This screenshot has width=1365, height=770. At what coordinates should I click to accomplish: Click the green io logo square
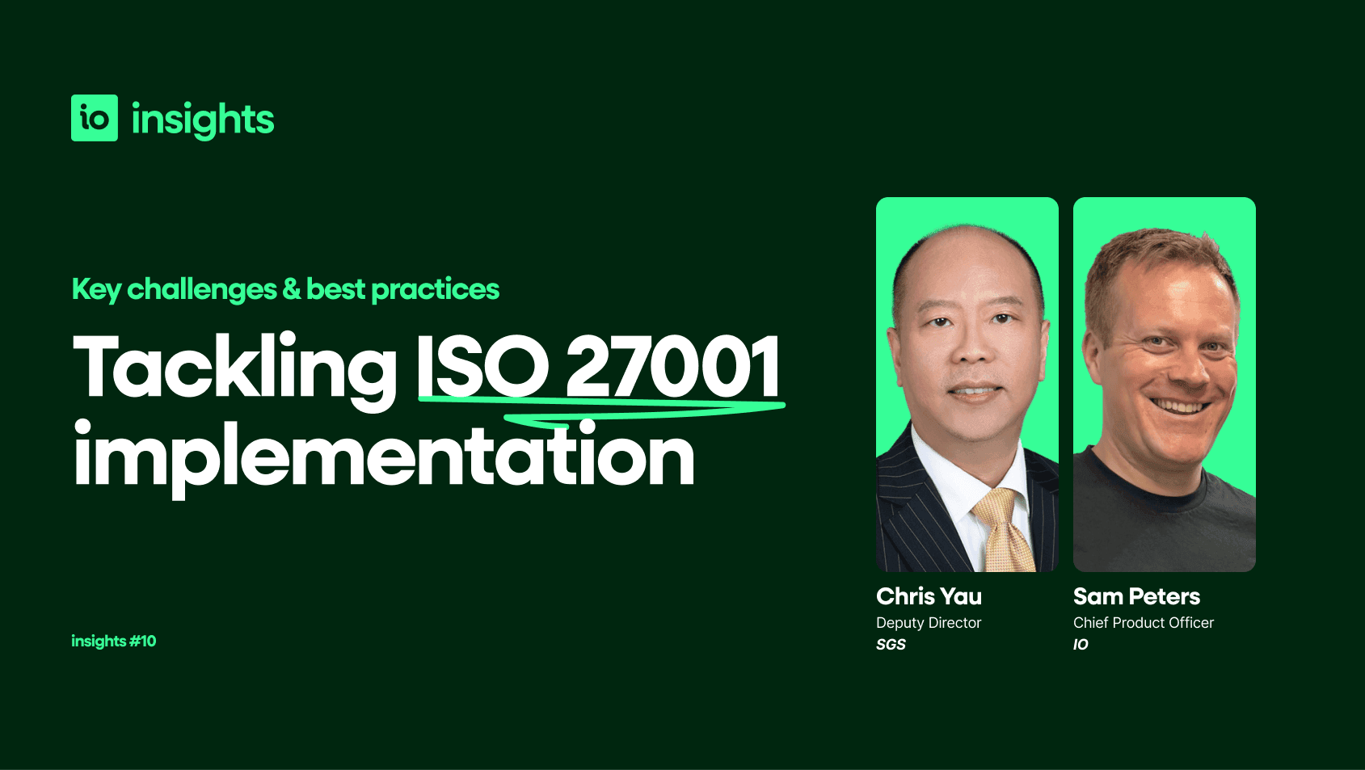coord(95,118)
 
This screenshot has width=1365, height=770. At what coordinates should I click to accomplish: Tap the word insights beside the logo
coord(202,120)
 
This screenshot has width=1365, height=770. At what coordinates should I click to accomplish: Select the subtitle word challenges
coord(202,289)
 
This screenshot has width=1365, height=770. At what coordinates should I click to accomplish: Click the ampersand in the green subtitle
coord(292,289)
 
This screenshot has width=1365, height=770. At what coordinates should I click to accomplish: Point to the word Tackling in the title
coord(234,368)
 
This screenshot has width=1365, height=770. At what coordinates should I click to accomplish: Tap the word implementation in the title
coord(384,457)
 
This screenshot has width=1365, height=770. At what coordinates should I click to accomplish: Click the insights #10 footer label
coord(114,641)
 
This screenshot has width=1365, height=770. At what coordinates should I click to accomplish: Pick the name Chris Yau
coord(929,596)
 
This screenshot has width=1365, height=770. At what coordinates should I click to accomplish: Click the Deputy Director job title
coord(929,623)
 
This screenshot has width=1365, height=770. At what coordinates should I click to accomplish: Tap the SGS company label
coord(891,645)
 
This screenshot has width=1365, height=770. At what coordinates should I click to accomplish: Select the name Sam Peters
coord(1136,596)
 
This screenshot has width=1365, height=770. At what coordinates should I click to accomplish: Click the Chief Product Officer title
coord(1143,623)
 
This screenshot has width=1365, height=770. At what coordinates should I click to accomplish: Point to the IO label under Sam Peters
coord(1081,645)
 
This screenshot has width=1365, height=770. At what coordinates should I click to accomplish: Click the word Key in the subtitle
coord(96,289)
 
